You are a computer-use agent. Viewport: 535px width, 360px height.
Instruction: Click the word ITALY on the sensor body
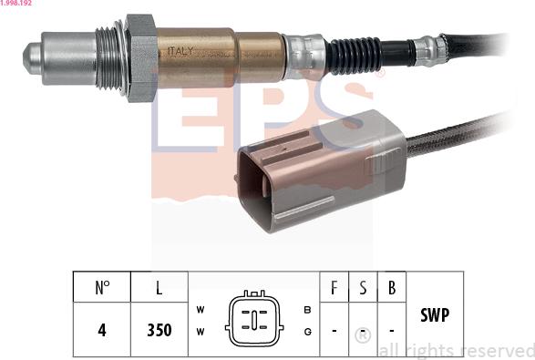coord(180,52)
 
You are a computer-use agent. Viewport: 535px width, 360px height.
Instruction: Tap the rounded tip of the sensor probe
coord(32,58)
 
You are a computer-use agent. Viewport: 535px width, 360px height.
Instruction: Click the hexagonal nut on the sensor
coord(141,58)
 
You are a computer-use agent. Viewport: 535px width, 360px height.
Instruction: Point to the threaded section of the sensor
coord(108,58)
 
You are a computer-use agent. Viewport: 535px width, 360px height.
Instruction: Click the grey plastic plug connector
coord(322,170)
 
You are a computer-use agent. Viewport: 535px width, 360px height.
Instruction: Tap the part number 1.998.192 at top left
coord(15,3)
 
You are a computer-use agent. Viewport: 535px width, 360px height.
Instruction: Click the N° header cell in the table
coord(102,287)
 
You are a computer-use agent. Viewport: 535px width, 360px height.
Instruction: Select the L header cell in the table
coord(159,287)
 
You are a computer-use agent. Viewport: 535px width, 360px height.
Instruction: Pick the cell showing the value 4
coord(102,330)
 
